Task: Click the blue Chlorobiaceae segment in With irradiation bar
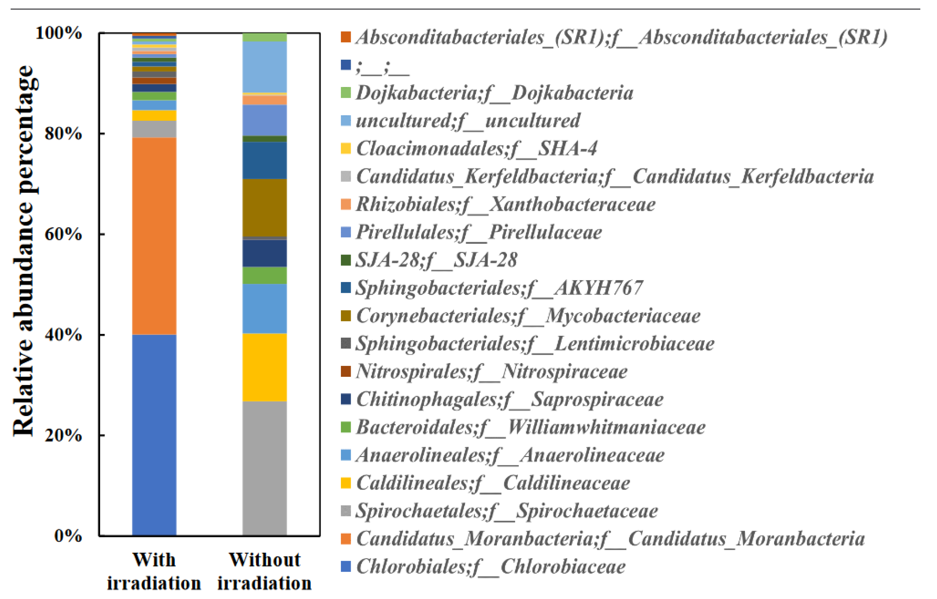coord(154,435)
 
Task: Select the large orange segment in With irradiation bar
coord(154,236)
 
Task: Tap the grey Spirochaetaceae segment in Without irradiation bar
coord(265,468)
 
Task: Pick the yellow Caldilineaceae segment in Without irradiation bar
coord(265,367)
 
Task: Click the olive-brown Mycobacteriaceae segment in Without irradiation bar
coord(265,208)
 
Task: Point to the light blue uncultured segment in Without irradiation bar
coord(265,67)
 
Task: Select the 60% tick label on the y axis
coord(63,234)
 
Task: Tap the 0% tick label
coord(68,536)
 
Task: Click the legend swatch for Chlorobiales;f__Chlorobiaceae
coord(346,566)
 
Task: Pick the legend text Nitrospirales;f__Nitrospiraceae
coord(492,371)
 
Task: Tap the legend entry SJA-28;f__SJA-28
coord(436,260)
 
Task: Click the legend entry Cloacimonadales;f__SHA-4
coord(476,149)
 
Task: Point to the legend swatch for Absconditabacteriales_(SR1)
coord(346,37)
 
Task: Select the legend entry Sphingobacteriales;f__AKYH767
coord(499,288)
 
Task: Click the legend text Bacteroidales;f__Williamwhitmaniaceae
coord(530,427)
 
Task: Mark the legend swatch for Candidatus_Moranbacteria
coord(346,539)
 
